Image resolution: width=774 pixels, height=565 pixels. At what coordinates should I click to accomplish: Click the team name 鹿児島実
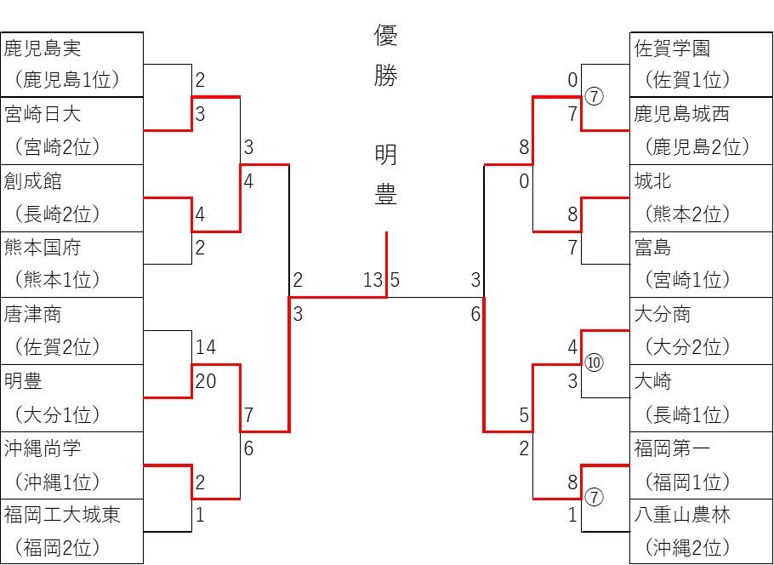pyautogui.click(x=43, y=48)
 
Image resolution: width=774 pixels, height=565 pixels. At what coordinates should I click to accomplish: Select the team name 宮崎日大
pyautogui.click(x=43, y=114)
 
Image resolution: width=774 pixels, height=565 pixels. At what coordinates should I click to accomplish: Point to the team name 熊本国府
pyautogui.click(x=43, y=248)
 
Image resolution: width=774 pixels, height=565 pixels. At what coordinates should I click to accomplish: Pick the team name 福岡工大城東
pyautogui.click(x=62, y=515)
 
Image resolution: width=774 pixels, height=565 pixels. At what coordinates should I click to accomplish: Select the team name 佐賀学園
pyautogui.click(x=672, y=48)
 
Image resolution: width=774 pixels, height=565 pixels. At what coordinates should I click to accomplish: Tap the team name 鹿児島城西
pyautogui.click(x=681, y=114)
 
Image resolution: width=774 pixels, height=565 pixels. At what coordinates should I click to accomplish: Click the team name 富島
pyautogui.click(x=653, y=248)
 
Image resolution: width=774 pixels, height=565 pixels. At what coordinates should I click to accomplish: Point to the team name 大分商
pyautogui.click(x=663, y=315)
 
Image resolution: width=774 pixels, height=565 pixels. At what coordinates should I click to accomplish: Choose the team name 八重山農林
pyautogui.click(x=681, y=515)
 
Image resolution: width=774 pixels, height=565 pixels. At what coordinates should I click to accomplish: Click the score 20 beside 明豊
pyautogui.click(x=206, y=381)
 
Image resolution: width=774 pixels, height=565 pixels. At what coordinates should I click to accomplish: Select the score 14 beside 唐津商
pyautogui.click(x=206, y=347)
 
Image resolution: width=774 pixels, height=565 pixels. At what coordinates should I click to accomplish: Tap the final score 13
pyautogui.click(x=373, y=280)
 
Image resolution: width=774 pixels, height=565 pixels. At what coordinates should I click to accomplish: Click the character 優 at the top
pyautogui.click(x=386, y=36)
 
